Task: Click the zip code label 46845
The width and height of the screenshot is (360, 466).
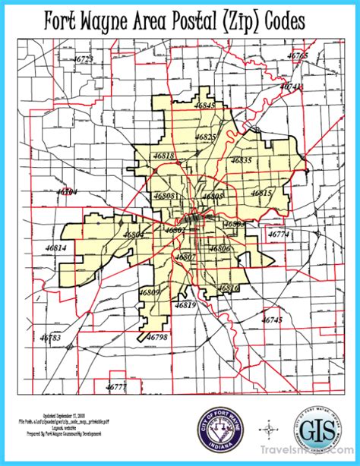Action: click(x=205, y=105)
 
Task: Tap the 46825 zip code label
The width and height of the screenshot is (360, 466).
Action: click(x=206, y=137)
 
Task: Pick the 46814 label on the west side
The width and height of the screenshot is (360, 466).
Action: click(x=55, y=248)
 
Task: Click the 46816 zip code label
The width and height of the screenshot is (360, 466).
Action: click(x=229, y=288)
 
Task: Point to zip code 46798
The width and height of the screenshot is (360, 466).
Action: click(x=156, y=335)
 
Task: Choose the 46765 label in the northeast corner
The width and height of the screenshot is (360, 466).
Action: click(x=298, y=56)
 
